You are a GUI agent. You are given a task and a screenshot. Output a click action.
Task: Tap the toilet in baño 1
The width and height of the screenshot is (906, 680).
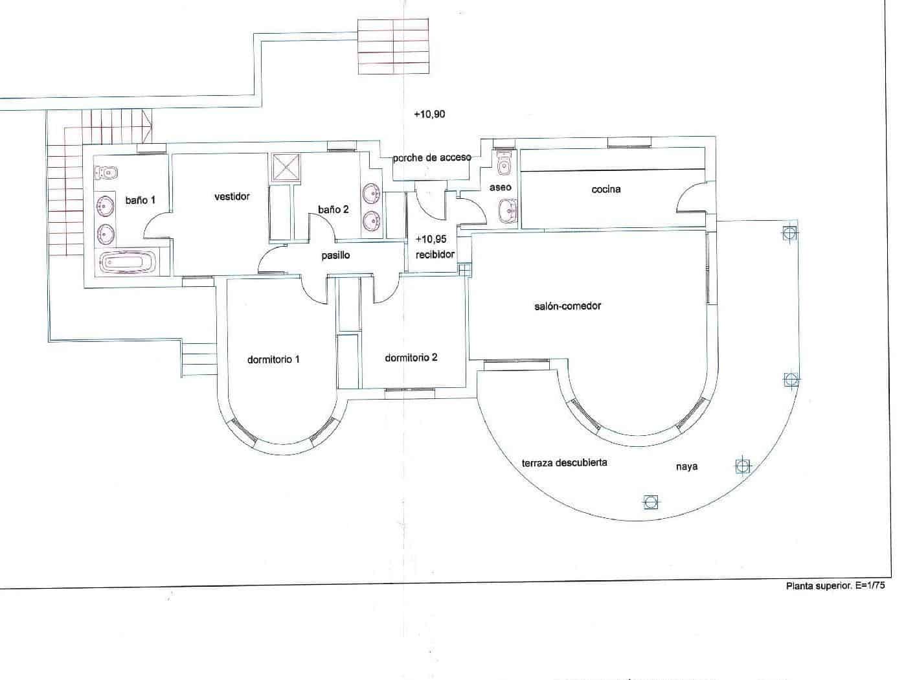pyautogui.click(x=108, y=172)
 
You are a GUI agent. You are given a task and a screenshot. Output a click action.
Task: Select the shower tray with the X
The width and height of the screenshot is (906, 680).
pyautogui.click(x=286, y=167)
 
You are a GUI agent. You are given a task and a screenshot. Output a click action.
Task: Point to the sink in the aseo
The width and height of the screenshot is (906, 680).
pyautogui.click(x=508, y=211)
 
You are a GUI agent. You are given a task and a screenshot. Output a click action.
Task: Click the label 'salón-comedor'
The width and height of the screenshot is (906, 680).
pyautogui.click(x=567, y=306)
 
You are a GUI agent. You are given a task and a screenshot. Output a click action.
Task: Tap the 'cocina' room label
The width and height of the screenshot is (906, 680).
pyautogui.click(x=606, y=189)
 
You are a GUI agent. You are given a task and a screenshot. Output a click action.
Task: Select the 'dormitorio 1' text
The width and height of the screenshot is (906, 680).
pyautogui.click(x=273, y=359)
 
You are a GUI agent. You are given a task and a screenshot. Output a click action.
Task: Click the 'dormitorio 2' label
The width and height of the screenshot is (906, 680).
pyautogui.click(x=411, y=357)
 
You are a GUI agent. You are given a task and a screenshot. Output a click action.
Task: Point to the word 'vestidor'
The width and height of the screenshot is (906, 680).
pyautogui.click(x=232, y=196)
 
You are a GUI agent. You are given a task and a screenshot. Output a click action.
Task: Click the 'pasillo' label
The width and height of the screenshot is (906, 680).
pyautogui.click(x=335, y=255)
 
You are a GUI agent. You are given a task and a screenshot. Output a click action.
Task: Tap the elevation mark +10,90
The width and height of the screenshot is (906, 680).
pyautogui.click(x=429, y=115)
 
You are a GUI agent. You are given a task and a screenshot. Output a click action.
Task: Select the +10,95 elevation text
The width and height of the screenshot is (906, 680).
pyautogui.click(x=431, y=239)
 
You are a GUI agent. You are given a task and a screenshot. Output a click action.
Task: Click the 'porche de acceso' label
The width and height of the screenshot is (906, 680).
pyautogui.click(x=432, y=157)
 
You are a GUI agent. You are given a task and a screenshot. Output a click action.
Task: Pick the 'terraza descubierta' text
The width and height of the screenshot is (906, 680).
pyautogui.click(x=564, y=462)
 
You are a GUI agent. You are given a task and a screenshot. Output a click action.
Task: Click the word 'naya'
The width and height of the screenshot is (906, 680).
pyautogui.click(x=686, y=466)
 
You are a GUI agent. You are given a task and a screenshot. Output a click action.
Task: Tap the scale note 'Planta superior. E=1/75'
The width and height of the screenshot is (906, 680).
pyautogui.click(x=835, y=585)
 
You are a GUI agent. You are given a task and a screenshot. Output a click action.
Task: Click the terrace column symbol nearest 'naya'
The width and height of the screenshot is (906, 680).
pyautogui.click(x=743, y=465)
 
